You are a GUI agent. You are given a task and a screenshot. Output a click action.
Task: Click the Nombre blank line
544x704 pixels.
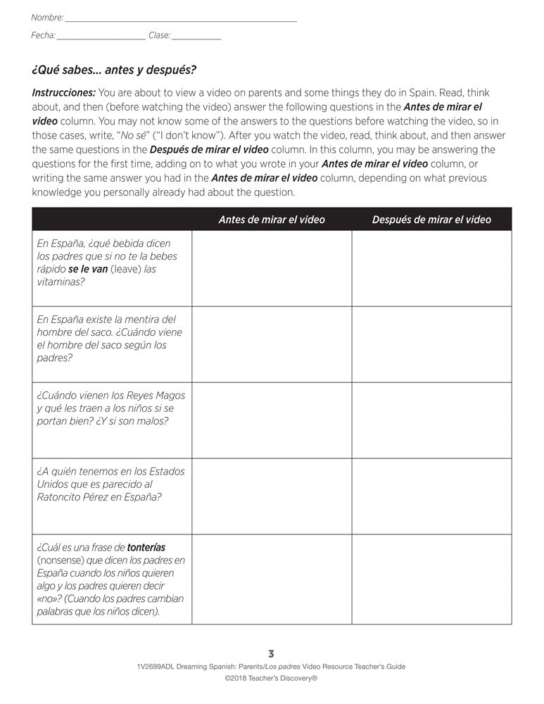(x=180, y=19)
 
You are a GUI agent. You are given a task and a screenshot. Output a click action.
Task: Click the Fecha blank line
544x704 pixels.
(x=101, y=37)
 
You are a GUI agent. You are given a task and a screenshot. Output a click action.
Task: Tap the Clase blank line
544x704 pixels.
(x=196, y=37)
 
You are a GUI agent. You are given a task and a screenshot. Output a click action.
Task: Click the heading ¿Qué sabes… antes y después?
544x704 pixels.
(x=114, y=70)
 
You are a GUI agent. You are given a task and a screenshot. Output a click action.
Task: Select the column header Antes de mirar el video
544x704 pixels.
(x=272, y=220)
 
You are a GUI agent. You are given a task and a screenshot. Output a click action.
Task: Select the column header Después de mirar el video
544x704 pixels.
(x=431, y=220)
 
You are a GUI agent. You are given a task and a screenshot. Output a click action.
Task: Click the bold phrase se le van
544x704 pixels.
(x=88, y=269)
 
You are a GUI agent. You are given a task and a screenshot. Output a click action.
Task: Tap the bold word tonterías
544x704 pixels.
(x=147, y=547)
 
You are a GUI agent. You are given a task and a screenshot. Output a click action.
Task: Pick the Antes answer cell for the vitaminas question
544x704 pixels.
(x=272, y=268)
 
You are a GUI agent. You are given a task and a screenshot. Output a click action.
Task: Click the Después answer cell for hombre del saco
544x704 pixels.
(x=431, y=344)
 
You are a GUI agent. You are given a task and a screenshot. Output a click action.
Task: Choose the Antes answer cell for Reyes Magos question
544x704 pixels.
(x=272, y=420)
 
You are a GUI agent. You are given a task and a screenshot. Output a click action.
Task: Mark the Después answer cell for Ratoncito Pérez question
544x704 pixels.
(x=431, y=496)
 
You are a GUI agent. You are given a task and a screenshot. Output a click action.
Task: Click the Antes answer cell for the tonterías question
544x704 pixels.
(x=272, y=579)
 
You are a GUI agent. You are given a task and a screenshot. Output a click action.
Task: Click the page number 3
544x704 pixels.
(x=272, y=653)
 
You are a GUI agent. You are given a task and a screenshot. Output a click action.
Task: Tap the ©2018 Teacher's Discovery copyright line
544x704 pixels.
(x=272, y=679)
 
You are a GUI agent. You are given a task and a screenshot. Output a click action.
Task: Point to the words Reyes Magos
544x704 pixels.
(x=154, y=396)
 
